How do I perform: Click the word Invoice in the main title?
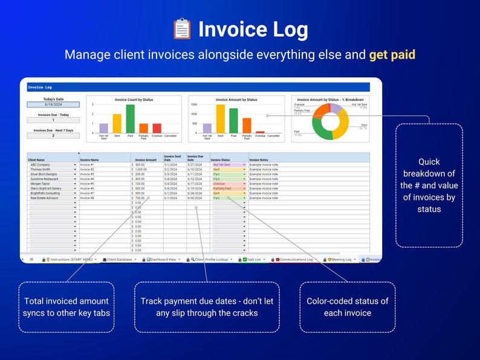tap(232, 30)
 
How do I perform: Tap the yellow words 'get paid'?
tap(392, 55)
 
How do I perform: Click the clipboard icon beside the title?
tap(182, 30)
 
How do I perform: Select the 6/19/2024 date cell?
tap(53, 104)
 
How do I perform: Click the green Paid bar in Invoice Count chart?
tap(130, 118)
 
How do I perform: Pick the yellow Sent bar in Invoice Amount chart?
tap(220, 119)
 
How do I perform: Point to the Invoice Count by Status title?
tap(134, 100)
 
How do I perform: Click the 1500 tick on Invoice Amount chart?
tap(194, 104)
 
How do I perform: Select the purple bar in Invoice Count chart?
tap(103, 128)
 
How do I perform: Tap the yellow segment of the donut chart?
tap(342, 124)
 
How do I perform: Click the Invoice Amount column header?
tap(146, 160)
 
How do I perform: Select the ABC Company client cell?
tap(52, 164)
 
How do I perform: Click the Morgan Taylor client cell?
tap(52, 184)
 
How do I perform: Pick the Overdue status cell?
tap(229, 184)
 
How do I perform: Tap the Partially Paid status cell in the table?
tap(229, 188)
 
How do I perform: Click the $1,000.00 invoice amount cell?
tap(146, 169)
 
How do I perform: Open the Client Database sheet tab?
tap(118, 259)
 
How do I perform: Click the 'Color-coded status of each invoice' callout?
tap(348, 307)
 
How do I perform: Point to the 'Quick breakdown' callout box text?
tap(429, 185)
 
